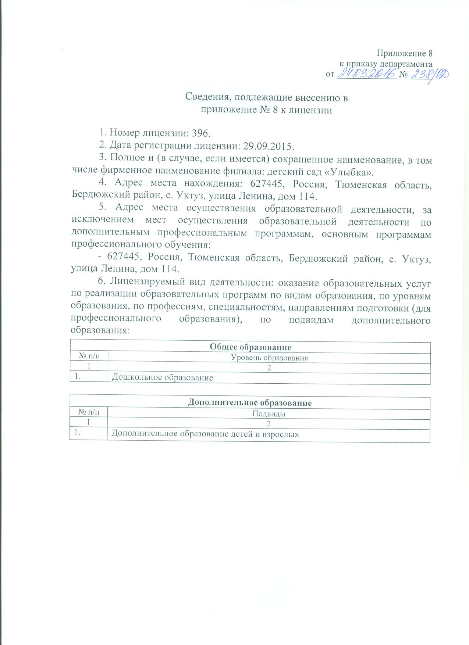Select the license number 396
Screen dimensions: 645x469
click(199, 133)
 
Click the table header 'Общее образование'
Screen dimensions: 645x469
click(250, 347)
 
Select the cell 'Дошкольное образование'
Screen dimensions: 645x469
click(162, 378)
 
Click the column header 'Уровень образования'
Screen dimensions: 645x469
click(269, 358)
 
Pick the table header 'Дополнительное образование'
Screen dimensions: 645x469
click(250, 403)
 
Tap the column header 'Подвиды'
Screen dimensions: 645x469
click(269, 414)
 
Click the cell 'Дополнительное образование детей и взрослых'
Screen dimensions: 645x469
click(205, 434)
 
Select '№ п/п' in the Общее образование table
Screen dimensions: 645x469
click(89, 357)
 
